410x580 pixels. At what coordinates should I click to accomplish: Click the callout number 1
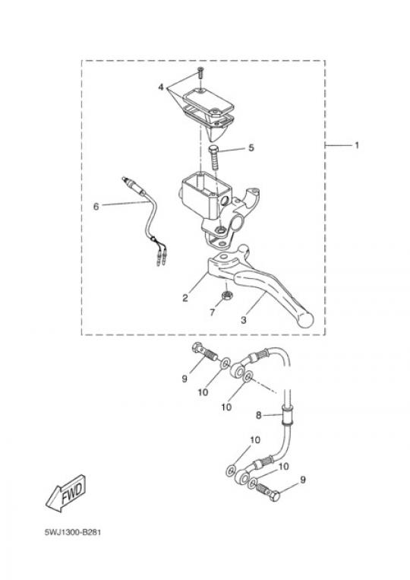(x=357, y=145)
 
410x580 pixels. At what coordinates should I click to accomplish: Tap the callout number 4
(x=161, y=87)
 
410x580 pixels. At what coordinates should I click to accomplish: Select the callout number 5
(x=251, y=148)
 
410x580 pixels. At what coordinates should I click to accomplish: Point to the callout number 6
(x=96, y=207)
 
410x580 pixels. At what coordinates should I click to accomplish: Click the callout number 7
(x=212, y=312)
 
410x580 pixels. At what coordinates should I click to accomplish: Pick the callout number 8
(x=259, y=415)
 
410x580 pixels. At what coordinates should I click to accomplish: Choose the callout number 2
(x=185, y=298)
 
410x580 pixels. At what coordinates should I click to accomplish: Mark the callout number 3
(x=244, y=320)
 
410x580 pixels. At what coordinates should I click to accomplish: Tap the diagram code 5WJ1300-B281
(x=73, y=533)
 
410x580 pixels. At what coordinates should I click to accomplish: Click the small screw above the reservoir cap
(x=200, y=72)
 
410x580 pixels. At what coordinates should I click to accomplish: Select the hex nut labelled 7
(x=226, y=296)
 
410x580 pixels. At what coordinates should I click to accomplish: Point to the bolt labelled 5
(x=215, y=158)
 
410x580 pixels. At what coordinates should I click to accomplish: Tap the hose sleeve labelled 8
(x=287, y=416)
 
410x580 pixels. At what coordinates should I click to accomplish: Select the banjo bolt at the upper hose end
(x=205, y=352)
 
